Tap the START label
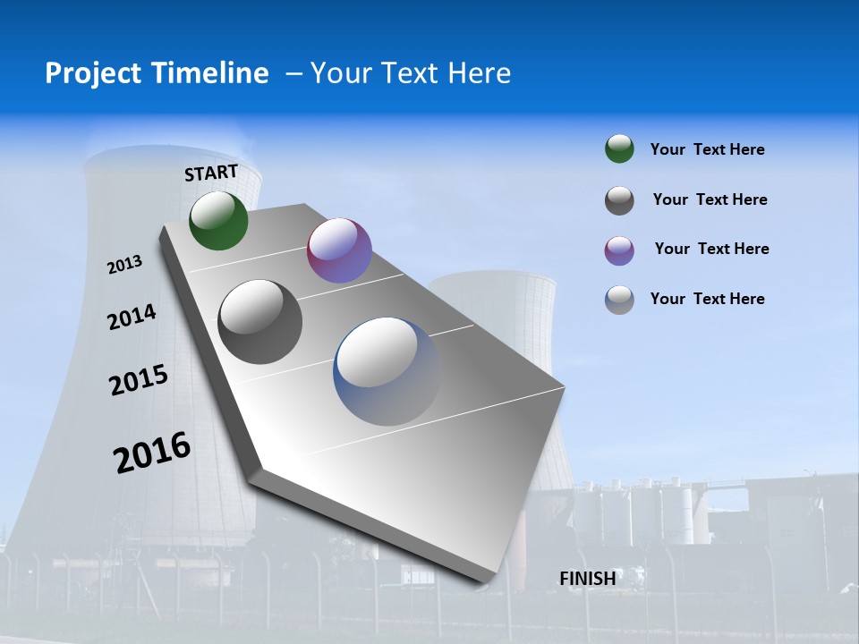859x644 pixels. click(x=211, y=173)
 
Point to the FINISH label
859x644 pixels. click(x=588, y=579)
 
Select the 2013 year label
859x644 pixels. click(x=125, y=265)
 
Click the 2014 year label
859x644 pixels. click(x=132, y=317)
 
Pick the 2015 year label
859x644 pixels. click(x=139, y=380)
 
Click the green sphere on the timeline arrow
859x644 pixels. click(x=218, y=220)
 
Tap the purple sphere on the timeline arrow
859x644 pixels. click(x=339, y=250)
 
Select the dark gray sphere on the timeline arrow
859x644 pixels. click(x=260, y=322)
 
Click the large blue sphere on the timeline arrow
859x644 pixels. click(x=387, y=371)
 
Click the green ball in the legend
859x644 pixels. click(x=619, y=149)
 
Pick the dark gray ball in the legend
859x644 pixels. click(x=619, y=200)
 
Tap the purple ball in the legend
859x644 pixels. click(x=619, y=250)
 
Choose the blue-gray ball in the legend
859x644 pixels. click(x=619, y=300)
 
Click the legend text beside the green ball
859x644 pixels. click(x=707, y=150)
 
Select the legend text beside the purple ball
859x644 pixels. click(x=711, y=249)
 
